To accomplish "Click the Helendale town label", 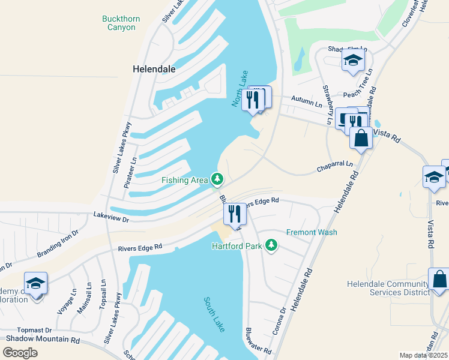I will (x=154, y=69).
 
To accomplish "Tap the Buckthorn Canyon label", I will (x=121, y=23).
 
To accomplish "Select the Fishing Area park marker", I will (x=217, y=179).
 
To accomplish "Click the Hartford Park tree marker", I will (x=272, y=245).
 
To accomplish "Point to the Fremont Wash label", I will (x=312, y=232).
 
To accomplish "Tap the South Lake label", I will (x=214, y=314).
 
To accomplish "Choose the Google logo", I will (x=20, y=352).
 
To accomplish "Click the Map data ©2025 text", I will (x=424, y=355).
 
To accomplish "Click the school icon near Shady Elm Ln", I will (x=353, y=60).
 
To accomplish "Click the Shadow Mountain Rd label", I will (x=43, y=340).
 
